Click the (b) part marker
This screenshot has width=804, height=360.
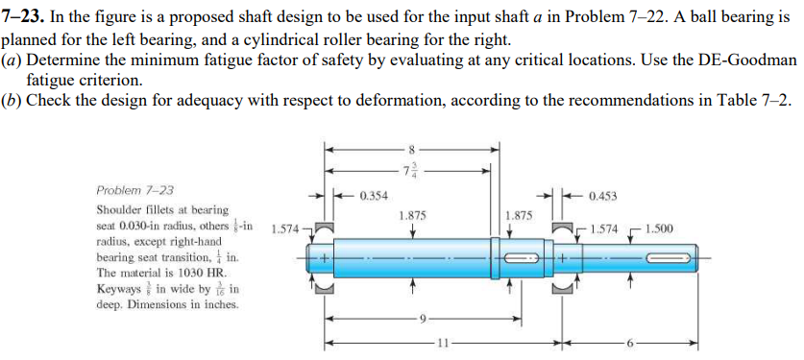tap(12, 102)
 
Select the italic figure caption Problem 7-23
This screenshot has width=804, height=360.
tap(134, 190)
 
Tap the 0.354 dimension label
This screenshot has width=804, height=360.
tap(373, 197)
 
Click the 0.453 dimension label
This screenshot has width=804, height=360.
tap(602, 197)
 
